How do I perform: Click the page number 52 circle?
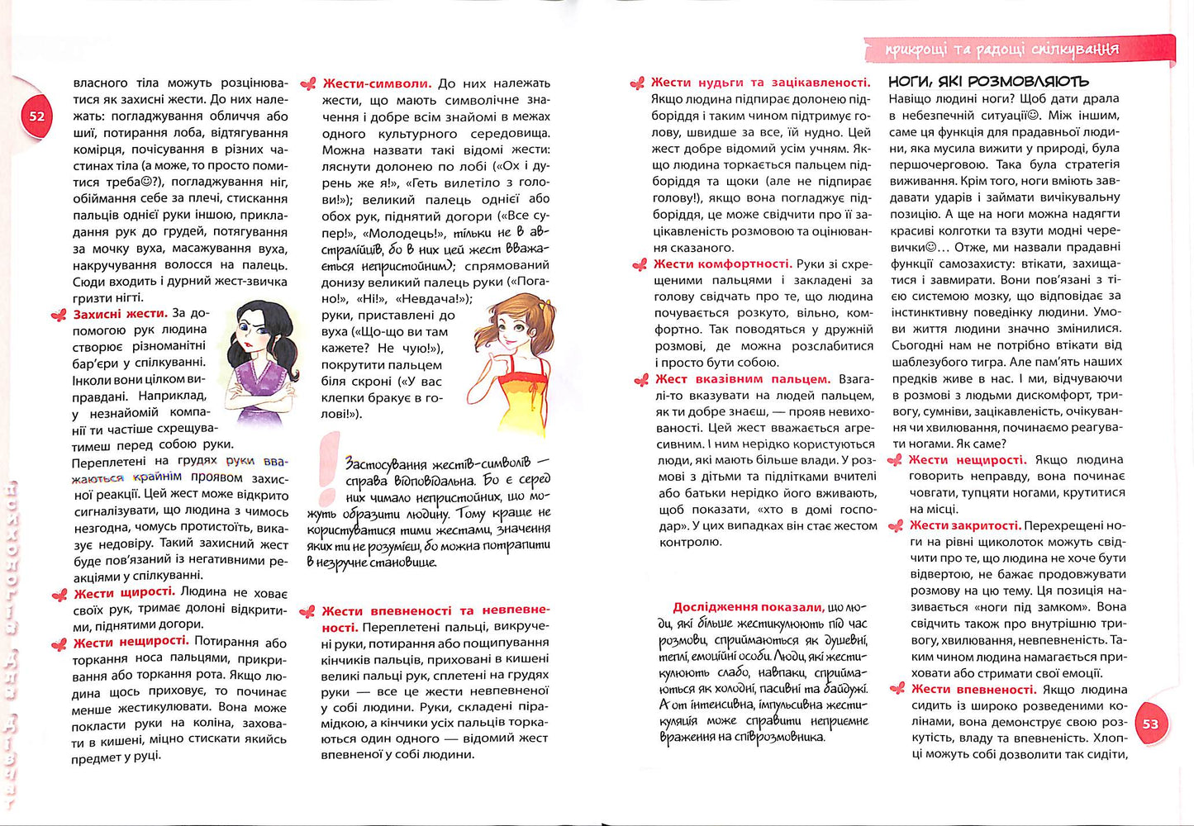tap(37, 116)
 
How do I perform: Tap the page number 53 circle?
tap(1150, 724)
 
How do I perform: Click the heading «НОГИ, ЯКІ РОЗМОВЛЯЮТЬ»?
tap(988, 82)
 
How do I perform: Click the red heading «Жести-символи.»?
tap(377, 83)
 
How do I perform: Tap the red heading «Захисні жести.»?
tap(120, 314)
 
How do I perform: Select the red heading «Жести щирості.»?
tap(124, 592)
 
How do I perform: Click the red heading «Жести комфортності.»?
tap(722, 264)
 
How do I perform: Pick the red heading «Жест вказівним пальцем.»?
tap(742, 379)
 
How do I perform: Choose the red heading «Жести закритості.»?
tap(965, 525)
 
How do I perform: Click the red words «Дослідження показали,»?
tap(748, 607)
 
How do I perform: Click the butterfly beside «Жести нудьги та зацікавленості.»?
tap(637, 83)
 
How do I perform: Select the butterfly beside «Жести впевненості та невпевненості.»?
tap(307, 612)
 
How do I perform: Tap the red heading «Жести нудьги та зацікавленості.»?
tap(760, 83)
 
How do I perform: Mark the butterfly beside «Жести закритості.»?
tap(895, 526)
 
